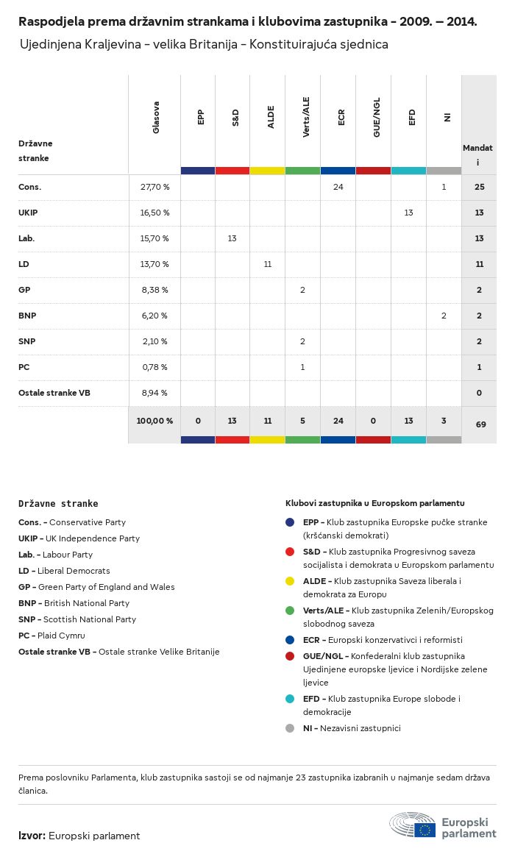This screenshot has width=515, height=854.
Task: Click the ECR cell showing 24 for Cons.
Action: click(x=338, y=187)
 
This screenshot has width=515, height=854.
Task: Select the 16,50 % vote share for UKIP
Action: click(x=154, y=213)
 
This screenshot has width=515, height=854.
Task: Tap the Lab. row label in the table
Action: click(x=26, y=238)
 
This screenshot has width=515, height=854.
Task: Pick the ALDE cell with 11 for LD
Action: click(x=268, y=264)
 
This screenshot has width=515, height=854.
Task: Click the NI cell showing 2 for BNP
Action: click(x=444, y=316)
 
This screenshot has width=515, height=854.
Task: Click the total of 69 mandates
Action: click(x=479, y=424)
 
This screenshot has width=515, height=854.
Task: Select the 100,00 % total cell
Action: click(x=154, y=421)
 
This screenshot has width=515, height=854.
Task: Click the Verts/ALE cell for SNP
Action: click(x=302, y=341)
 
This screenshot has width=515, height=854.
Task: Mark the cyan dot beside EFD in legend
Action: click(x=290, y=699)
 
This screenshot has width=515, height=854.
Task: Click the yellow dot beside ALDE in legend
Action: click(x=290, y=581)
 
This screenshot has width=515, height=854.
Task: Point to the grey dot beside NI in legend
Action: click(x=290, y=728)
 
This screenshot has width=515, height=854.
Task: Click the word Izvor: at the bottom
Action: click(x=32, y=836)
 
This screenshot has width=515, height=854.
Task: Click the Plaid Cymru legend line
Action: click(x=51, y=636)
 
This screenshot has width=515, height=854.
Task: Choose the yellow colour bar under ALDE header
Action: click(x=267, y=171)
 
